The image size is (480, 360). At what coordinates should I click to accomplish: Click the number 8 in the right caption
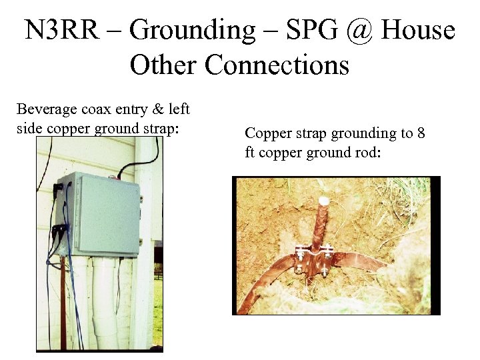tap(421, 133)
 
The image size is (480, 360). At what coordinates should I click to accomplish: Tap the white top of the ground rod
tap(325, 200)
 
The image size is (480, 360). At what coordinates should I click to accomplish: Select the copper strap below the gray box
tap(63, 293)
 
